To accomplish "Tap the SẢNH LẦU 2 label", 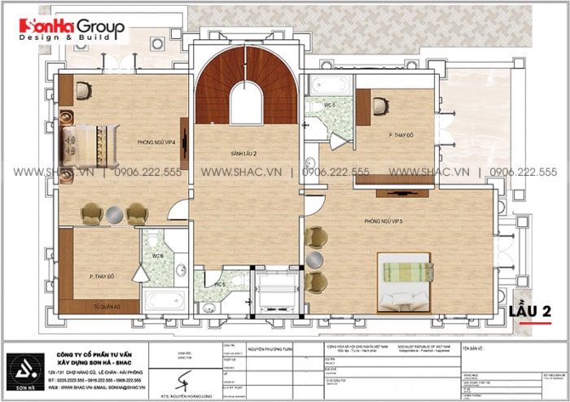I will click(x=243, y=152).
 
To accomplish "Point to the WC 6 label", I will click(x=157, y=256).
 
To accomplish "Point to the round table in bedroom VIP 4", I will click(x=114, y=214).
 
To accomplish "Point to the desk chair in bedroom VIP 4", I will click(x=84, y=90).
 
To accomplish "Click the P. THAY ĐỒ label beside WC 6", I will click(x=101, y=277).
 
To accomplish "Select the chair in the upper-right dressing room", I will click(x=379, y=106).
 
